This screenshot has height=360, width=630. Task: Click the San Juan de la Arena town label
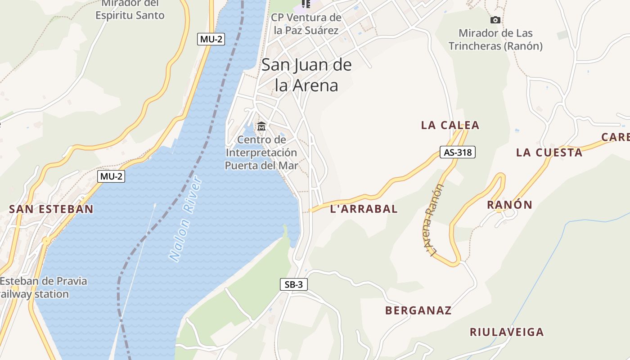point(306,75)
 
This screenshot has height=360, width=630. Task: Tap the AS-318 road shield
point(457,152)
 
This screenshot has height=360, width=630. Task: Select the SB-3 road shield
point(293,284)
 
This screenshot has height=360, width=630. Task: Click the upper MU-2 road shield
point(211,39)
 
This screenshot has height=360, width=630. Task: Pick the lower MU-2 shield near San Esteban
point(111,176)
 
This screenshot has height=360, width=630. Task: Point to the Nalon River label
point(185,220)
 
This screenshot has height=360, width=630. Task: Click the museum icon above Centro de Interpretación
point(261,126)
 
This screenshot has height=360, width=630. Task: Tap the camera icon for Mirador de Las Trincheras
point(495,20)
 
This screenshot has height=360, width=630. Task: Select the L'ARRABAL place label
point(364,209)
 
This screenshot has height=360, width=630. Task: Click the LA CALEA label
point(450,126)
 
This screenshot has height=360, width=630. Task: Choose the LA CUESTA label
point(549,153)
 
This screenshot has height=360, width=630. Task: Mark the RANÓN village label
point(509,205)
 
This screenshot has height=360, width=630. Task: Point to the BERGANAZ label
point(418,310)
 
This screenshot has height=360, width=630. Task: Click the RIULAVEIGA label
point(507,332)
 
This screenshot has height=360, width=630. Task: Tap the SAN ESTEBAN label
point(51,209)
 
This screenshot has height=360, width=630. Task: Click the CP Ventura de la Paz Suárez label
point(306,24)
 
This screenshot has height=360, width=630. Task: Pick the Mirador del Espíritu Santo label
point(130,10)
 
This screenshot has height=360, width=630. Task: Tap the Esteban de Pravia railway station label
point(43,288)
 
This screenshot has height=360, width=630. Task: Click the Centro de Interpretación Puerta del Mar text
point(261,153)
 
